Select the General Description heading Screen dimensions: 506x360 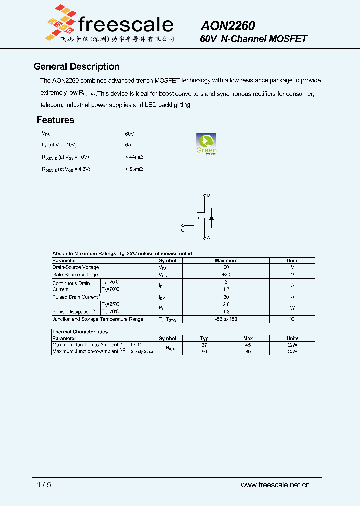coord(76,67)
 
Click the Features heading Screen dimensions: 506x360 coord(55,120)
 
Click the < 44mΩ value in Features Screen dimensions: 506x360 coord(134,157)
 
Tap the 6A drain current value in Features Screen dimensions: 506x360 coord(128,145)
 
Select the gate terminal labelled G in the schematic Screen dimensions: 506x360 coord(183,229)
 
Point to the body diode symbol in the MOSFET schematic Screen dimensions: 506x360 coord(211,218)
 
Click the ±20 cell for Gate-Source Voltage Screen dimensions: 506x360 coord(226,275)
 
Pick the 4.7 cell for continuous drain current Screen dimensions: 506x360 coord(226,289)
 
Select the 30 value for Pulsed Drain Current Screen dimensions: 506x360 coord(226,297)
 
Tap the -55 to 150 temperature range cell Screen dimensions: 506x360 coord(226,319)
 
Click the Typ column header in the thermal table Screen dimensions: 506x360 coord(204,338)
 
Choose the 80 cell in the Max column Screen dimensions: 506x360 coord(248,352)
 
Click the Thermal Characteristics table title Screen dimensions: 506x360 coord(80,332)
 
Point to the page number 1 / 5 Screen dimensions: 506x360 coord(44,485)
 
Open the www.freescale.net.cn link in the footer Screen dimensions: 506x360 coord(275,485)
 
